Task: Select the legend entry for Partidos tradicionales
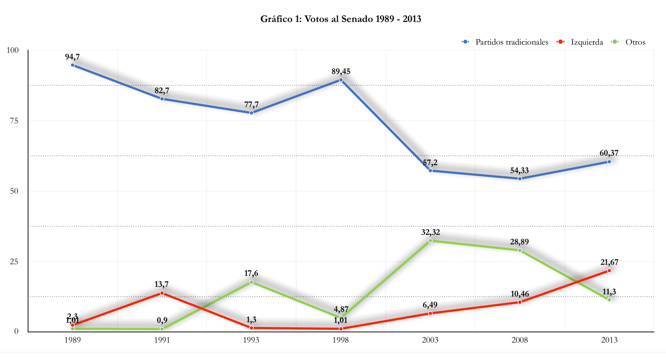point(505,42)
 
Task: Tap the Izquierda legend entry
point(580,42)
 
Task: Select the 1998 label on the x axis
point(341,340)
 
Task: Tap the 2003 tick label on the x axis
point(430,340)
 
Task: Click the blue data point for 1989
point(72,65)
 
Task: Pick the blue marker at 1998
point(341,80)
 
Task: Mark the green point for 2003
point(430,241)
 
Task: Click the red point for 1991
point(162,293)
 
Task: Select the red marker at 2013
point(609,270)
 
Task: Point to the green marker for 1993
point(251,282)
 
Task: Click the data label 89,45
point(341,71)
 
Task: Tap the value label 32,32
point(430,232)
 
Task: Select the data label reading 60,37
point(609,153)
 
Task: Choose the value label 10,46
point(519,294)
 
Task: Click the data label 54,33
point(519,170)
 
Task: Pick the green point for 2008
point(520,251)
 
